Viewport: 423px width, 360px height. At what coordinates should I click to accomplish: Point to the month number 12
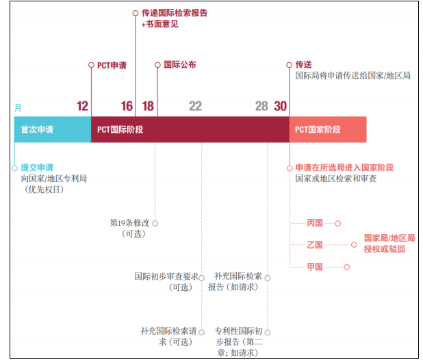tap(83, 106)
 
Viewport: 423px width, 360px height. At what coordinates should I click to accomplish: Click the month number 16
tap(127, 106)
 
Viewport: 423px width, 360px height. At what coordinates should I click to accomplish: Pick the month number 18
tap(148, 106)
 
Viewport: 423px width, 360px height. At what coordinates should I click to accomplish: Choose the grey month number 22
tap(195, 106)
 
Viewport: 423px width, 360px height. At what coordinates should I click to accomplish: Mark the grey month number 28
tap(261, 106)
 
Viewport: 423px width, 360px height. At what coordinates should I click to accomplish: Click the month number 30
tap(281, 106)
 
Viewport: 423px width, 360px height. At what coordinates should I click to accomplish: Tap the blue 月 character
tap(18, 107)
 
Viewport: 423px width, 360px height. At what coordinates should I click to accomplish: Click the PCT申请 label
tap(112, 66)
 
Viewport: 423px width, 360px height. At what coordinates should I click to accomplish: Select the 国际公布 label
tap(179, 65)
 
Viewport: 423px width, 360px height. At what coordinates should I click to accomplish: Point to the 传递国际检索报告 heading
tap(174, 13)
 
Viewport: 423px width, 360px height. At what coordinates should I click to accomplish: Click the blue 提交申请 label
tap(37, 167)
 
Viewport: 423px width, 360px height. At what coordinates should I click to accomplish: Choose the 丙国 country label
tap(315, 223)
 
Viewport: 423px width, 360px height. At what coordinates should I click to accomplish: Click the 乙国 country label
tap(315, 244)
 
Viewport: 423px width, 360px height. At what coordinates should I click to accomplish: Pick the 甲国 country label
tap(315, 267)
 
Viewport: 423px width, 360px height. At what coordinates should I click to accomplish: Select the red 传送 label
tap(303, 65)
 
